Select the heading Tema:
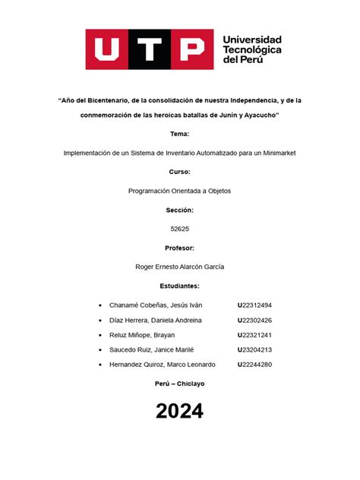click(180, 134)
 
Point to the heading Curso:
click(180, 172)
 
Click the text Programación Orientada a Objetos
click(180, 191)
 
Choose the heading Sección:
click(180, 210)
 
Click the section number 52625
click(180, 229)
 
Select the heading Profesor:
click(180, 248)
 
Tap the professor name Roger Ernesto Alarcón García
click(180, 267)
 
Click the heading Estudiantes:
click(180, 286)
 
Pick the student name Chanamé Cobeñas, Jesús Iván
click(154, 305)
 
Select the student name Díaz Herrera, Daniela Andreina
click(156, 320)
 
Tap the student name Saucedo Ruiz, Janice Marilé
click(152, 349)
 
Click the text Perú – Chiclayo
click(180, 384)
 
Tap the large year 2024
click(180, 412)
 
